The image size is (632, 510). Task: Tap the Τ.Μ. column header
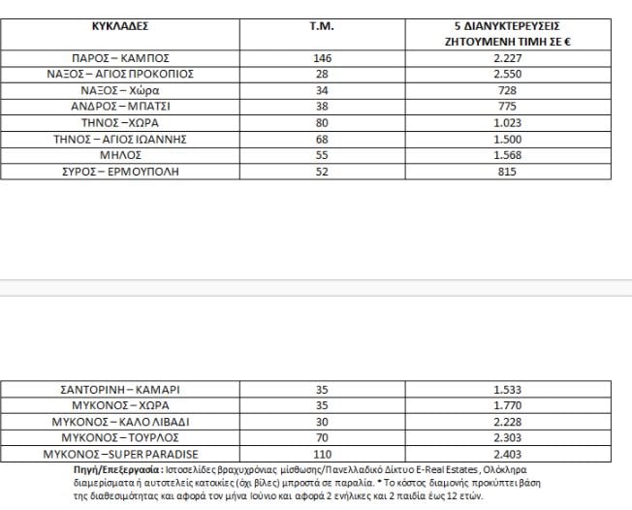[x=321, y=25]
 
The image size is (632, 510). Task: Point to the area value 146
[x=322, y=58]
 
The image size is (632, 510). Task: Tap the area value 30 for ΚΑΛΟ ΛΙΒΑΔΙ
[x=322, y=422]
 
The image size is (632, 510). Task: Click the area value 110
[x=322, y=454]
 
